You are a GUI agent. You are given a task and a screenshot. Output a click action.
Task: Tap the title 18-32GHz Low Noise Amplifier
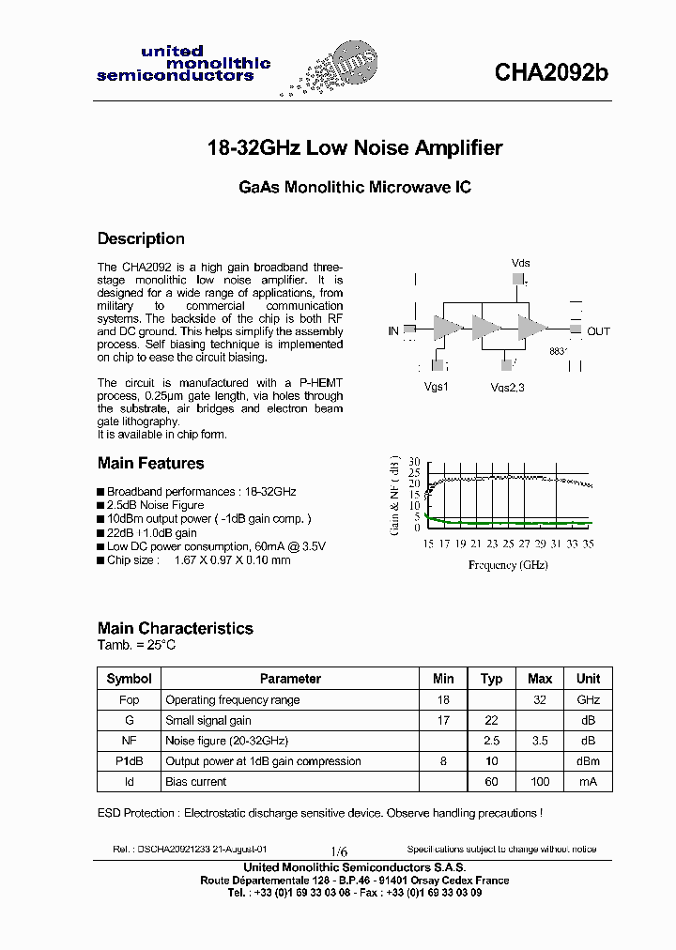click(x=354, y=148)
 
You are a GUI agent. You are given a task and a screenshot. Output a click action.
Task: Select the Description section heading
click(x=141, y=238)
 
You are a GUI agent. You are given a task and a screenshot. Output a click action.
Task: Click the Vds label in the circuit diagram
click(x=520, y=263)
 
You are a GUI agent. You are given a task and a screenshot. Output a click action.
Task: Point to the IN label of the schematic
click(x=393, y=331)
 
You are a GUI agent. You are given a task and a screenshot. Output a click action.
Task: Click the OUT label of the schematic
click(x=598, y=331)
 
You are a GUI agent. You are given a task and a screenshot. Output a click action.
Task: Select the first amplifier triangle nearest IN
click(x=446, y=329)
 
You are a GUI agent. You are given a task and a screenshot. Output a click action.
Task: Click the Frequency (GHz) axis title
click(x=508, y=564)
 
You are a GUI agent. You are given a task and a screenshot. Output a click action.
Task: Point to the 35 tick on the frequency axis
click(x=588, y=544)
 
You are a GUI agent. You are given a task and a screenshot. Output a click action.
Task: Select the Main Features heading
click(x=150, y=463)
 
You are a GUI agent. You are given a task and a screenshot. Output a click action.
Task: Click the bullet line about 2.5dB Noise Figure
click(x=155, y=505)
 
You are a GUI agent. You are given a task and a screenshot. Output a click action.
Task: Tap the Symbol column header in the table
click(x=129, y=679)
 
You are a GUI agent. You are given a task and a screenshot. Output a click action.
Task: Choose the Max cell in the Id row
click(x=540, y=782)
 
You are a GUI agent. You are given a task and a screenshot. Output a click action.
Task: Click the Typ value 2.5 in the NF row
click(x=491, y=741)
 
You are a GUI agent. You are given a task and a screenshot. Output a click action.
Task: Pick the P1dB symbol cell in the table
click(x=129, y=761)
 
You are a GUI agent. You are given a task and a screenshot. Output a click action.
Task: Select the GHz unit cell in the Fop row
click(x=588, y=699)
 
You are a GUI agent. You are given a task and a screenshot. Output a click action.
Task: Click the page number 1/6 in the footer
click(x=338, y=850)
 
